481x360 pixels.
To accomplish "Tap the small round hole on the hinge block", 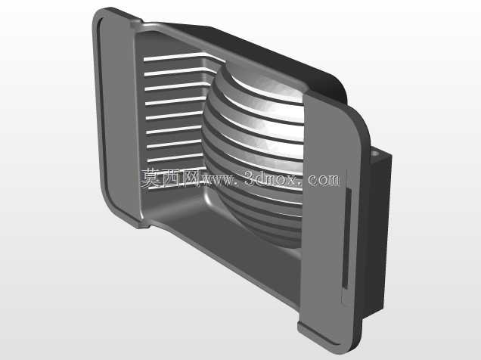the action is (374, 153).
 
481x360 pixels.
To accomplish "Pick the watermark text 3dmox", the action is (272, 178).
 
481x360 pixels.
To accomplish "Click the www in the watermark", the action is (218, 180).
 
